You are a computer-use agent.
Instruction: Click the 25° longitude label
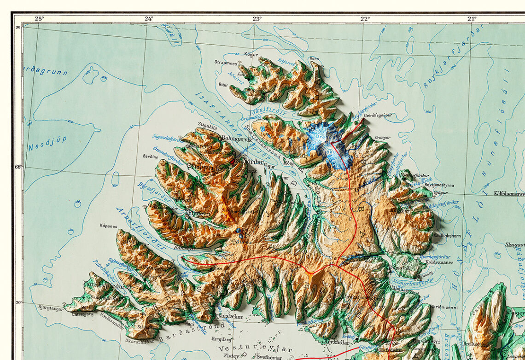[x=39, y=19]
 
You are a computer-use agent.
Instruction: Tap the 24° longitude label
[x=149, y=19]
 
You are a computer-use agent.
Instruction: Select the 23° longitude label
[x=257, y=19]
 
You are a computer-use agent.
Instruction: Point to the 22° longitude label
[x=365, y=19]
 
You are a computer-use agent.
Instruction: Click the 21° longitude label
[x=472, y=19]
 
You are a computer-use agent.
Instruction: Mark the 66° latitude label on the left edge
[x=18, y=167]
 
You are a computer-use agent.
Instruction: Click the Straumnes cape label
[x=226, y=62]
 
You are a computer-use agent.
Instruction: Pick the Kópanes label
[x=109, y=226]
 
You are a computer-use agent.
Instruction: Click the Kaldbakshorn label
[x=447, y=235]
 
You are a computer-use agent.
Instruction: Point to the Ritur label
[x=223, y=85]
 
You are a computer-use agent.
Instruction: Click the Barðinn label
[x=151, y=156]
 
